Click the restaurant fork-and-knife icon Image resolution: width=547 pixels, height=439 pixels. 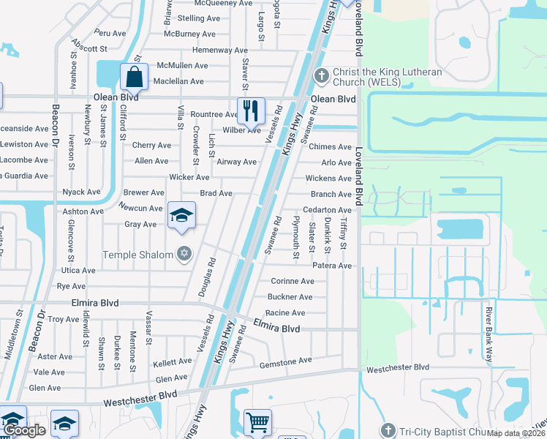tap(251, 110)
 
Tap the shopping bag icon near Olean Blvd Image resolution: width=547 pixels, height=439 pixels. tap(135, 76)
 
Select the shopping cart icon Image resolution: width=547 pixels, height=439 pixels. tap(257, 422)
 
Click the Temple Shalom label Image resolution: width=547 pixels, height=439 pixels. tap(138, 255)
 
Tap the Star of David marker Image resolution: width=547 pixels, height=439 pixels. tap(184, 254)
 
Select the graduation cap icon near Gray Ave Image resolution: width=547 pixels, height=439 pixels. tap(181, 215)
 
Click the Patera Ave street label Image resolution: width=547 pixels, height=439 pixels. tap(333, 266)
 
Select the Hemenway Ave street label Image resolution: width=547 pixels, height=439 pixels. tap(220, 50)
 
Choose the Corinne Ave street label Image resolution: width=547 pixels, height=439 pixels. tap(293, 281)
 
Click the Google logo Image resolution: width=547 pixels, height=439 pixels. tap(25, 430)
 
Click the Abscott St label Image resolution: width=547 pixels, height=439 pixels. tap(90, 48)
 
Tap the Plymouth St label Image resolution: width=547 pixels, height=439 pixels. tap(296, 238)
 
